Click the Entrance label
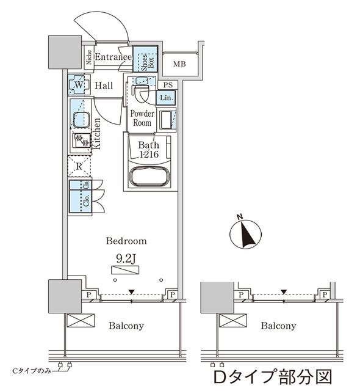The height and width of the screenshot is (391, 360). point(113,57)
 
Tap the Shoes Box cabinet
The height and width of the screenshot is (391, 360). point(145,60)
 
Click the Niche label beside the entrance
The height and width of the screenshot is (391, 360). point(89,58)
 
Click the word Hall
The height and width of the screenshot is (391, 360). point(107,86)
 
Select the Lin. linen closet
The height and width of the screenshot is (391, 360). point(167,98)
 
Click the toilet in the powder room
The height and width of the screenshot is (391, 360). point(141,93)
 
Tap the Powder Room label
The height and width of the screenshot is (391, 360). point(141,118)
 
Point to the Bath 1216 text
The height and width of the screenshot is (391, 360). point(149,150)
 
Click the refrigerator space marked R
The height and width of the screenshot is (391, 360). point(79,165)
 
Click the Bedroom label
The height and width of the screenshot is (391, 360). point(126,241)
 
